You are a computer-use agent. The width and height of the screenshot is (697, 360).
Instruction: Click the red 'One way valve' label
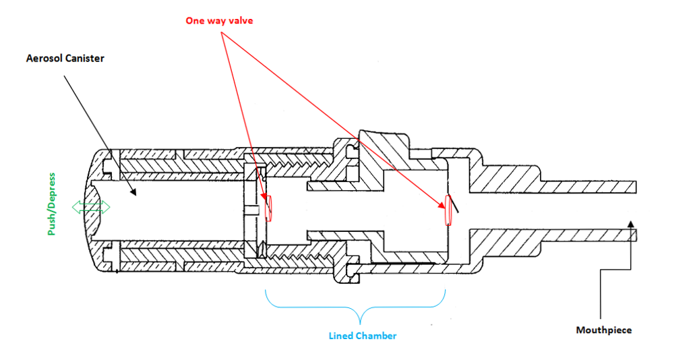tap(220, 20)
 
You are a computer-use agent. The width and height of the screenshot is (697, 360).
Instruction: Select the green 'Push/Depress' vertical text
tap(51, 204)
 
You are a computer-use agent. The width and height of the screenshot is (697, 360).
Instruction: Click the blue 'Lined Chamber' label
tap(362, 336)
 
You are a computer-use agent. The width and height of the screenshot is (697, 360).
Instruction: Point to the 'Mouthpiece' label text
tap(604, 330)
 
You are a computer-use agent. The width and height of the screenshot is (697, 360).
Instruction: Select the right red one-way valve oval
tap(446, 210)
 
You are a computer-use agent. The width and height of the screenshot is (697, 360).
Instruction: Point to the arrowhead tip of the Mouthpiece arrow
tap(630, 222)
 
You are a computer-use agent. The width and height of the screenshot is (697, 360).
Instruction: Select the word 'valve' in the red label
tap(241, 20)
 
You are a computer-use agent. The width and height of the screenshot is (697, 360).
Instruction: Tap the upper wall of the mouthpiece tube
tap(586, 185)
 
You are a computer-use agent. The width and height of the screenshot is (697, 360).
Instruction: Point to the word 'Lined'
tap(341, 336)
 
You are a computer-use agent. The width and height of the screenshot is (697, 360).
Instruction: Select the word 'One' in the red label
tap(195, 20)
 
